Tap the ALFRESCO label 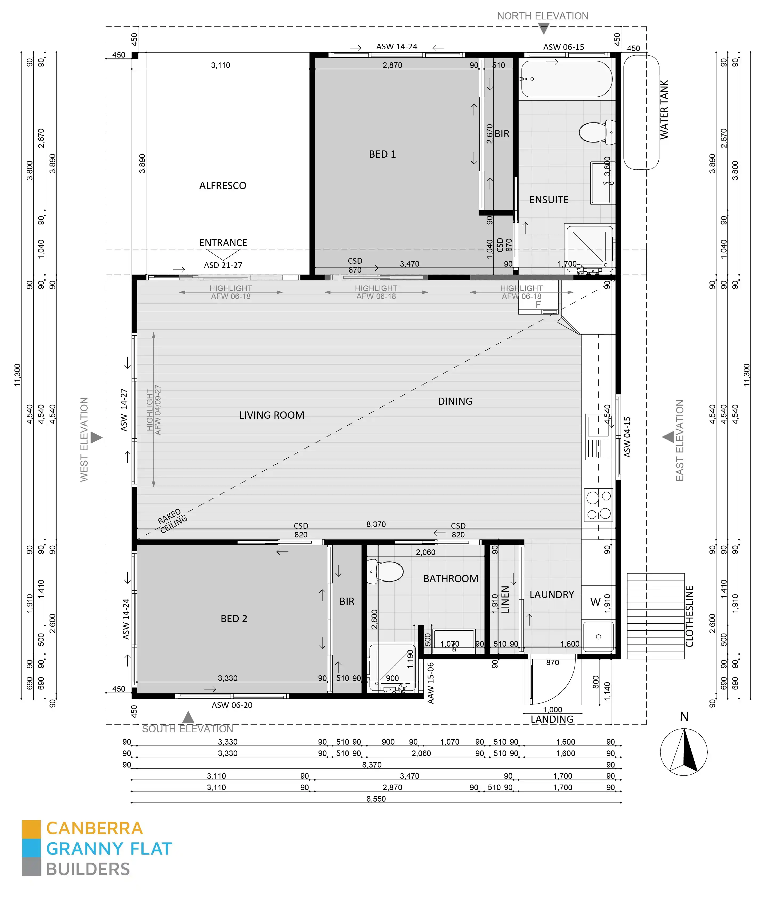pyautogui.click(x=222, y=186)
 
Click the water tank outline pyautogui.click(x=641, y=112)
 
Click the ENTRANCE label pyautogui.click(x=223, y=243)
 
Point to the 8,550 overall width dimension pyautogui.click(x=376, y=799)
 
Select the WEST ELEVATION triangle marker pyautogui.click(x=96, y=438)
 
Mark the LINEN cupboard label pyautogui.click(x=505, y=599)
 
